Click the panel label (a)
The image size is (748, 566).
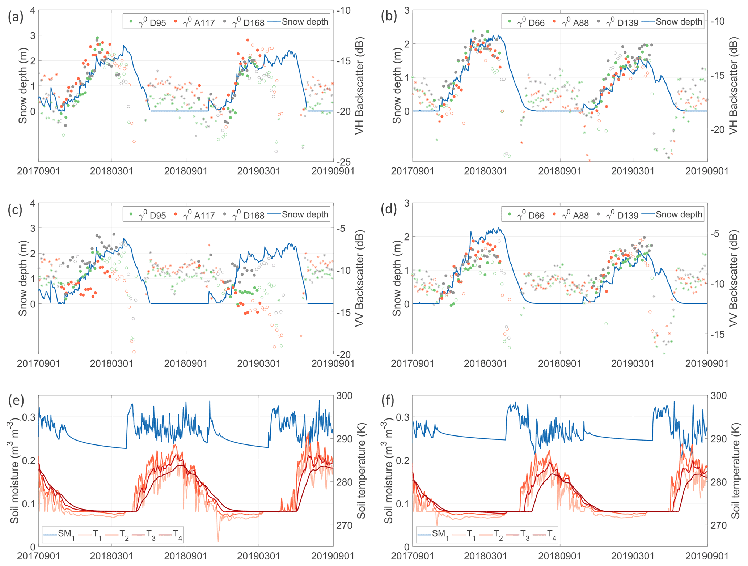tap(16, 17)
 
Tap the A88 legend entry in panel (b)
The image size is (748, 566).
tap(571, 22)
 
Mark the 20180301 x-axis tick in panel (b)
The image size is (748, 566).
tap(486, 171)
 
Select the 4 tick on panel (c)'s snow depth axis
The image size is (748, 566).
tap(33, 203)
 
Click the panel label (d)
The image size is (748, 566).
tap(389, 210)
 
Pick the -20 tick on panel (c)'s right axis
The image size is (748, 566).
tap(343, 354)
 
